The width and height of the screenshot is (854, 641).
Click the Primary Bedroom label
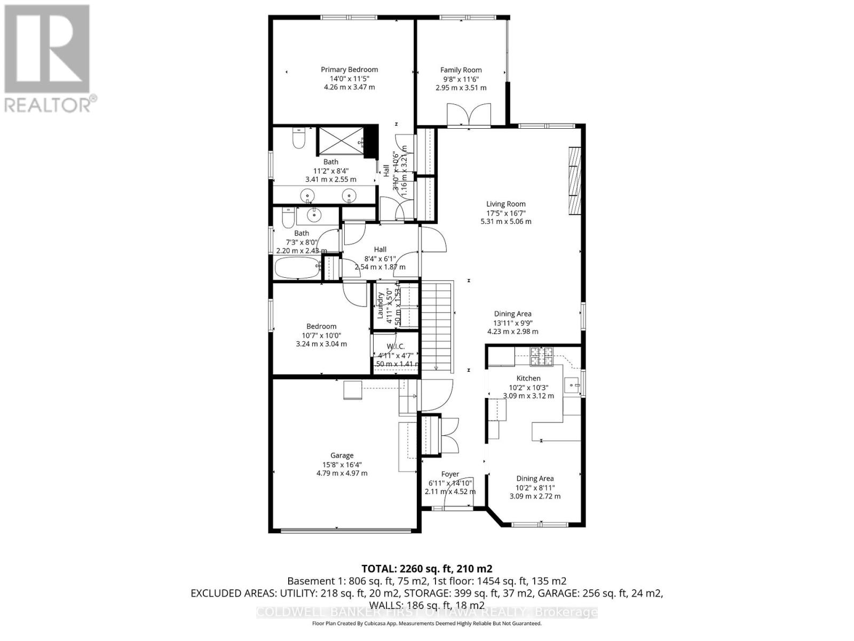[349, 69]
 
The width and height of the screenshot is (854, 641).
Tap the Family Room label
[461, 70]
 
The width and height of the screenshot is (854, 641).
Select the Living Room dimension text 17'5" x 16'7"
[505, 213]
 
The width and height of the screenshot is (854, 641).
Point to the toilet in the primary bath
[298, 138]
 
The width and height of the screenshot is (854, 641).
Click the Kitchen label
[528, 378]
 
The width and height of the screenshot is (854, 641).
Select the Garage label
[342, 456]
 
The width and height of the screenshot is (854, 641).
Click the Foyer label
[450, 474]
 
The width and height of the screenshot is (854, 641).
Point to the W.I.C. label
[395, 347]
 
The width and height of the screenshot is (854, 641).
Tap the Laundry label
[381, 306]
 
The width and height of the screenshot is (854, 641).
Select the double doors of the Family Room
[469, 114]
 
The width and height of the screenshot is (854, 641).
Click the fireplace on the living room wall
[574, 181]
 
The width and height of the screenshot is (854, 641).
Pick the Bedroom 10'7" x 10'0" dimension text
[321, 335]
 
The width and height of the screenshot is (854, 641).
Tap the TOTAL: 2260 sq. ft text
[426, 568]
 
